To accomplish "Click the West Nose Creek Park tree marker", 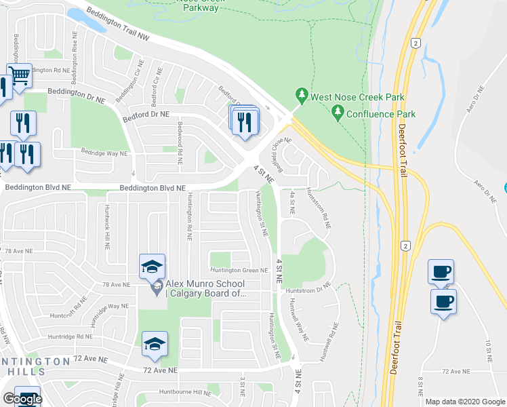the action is [x=301, y=96].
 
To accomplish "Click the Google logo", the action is [x=22, y=399].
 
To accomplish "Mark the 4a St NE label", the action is [x=292, y=203].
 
